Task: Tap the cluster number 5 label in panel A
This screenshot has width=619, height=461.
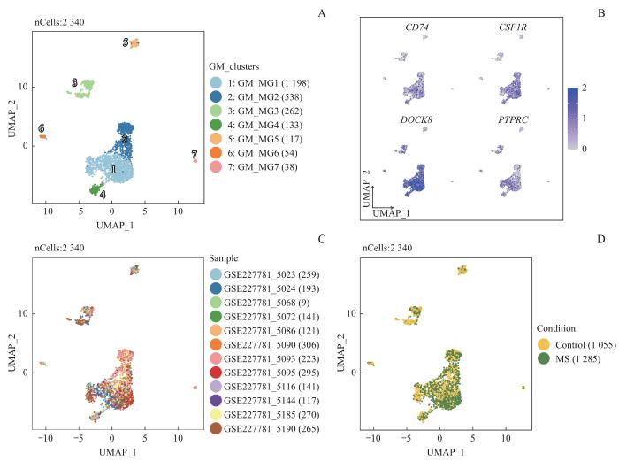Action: click(x=126, y=42)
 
